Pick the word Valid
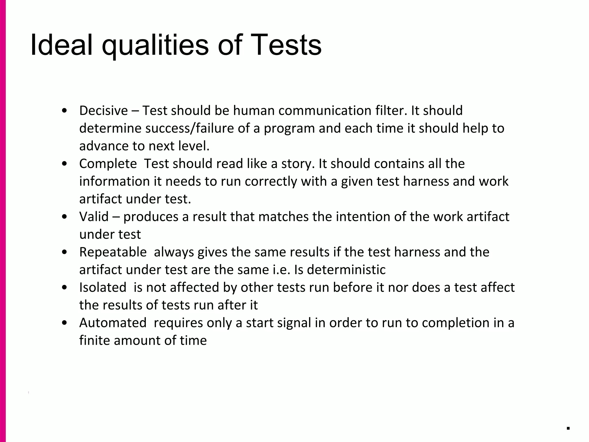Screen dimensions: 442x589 click(x=94, y=217)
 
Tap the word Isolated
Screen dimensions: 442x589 click(x=103, y=287)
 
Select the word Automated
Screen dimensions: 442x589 click(x=113, y=323)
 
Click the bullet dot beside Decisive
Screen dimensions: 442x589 click(x=65, y=111)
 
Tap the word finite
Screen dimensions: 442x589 click(x=95, y=341)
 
